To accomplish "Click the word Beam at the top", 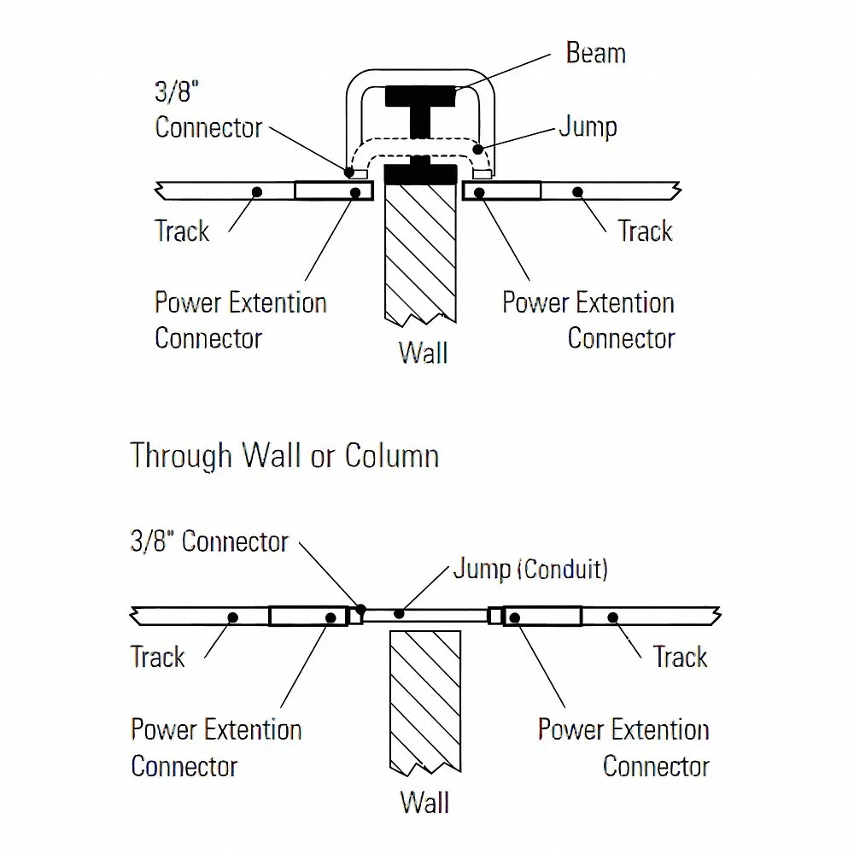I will coord(595,53).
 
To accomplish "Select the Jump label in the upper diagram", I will coord(588,127).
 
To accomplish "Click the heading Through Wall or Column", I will coord(284,455).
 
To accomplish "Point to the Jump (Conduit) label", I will coord(530,569).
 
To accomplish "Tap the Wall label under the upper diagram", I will coord(423,352).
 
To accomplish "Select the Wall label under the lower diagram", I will coord(424,803).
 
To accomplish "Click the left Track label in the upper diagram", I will coord(182,231).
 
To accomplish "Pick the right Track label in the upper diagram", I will coord(645,231).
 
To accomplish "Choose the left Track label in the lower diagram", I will coord(157,657).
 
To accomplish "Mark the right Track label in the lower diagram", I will coord(680,657).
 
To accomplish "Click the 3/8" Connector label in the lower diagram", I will coord(209,541).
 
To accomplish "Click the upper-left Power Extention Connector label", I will coord(240,320).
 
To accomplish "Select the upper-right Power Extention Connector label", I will coord(588,320).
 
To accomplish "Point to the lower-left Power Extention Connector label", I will coord(216,747).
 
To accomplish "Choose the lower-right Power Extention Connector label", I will coord(623,747).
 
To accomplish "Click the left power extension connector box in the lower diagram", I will coord(307,616).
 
